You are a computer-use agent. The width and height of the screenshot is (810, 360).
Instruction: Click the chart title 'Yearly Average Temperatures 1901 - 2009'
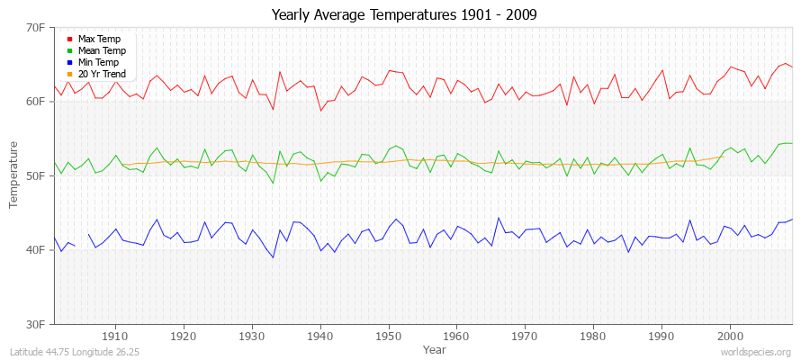[405, 15]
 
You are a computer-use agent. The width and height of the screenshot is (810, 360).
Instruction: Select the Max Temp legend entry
[99, 40]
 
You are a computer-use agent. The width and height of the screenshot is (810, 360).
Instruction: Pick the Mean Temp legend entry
[101, 51]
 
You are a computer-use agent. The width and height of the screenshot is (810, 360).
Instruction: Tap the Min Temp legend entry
[99, 62]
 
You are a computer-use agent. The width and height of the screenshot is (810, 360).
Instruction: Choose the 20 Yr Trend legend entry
[102, 74]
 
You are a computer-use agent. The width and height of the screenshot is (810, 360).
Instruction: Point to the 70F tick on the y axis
[35, 28]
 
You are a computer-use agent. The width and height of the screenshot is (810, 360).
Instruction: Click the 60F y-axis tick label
[35, 102]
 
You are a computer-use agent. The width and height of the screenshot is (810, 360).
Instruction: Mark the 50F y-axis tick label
[35, 175]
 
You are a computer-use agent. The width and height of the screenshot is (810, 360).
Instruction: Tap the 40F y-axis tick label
[35, 249]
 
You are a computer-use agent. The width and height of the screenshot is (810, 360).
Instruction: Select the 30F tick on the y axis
[35, 323]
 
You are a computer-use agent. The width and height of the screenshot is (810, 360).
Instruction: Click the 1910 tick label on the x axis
[115, 335]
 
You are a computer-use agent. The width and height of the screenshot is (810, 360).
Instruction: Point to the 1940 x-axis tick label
[320, 335]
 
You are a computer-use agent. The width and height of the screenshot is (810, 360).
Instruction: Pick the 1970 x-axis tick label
[526, 335]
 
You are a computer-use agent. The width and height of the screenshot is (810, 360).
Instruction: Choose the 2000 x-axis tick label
[731, 335]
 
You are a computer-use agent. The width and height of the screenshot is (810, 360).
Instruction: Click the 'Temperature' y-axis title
[14, 175]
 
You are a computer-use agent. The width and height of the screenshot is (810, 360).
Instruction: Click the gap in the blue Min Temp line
[81, 240]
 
